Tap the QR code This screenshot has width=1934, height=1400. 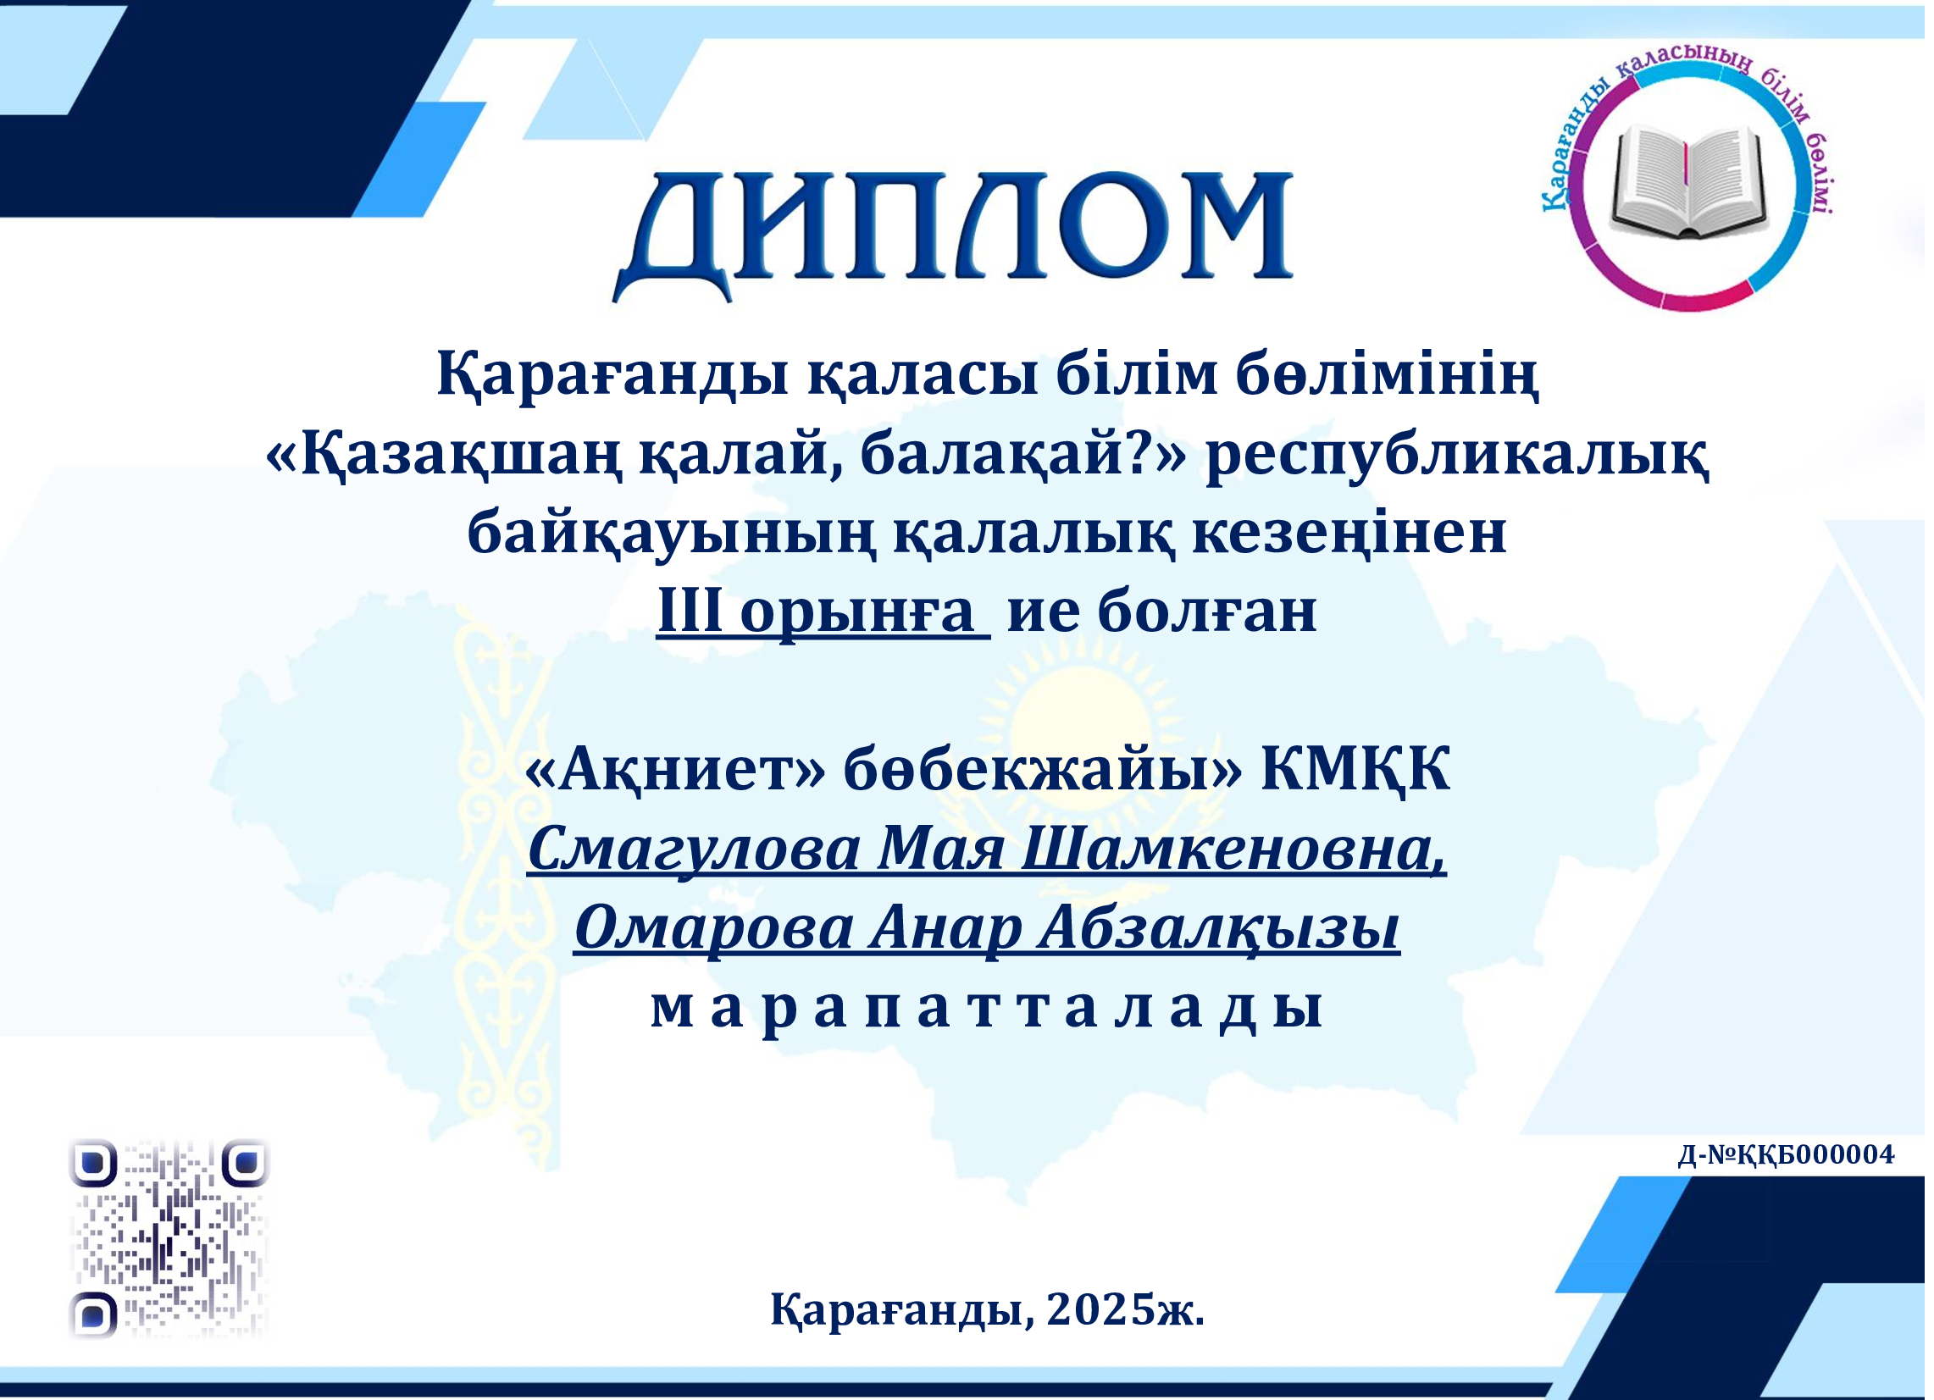pos(169,1239)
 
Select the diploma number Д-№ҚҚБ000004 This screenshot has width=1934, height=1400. pos(1786,1154)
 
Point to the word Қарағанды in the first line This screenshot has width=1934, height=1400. pos(613,376)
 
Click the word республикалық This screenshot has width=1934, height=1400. pos(1457,456)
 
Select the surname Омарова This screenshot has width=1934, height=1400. pos(714,928)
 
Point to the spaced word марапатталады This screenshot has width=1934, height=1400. pos(987,1009)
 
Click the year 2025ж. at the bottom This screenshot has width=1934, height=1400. pos(1126,1309)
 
